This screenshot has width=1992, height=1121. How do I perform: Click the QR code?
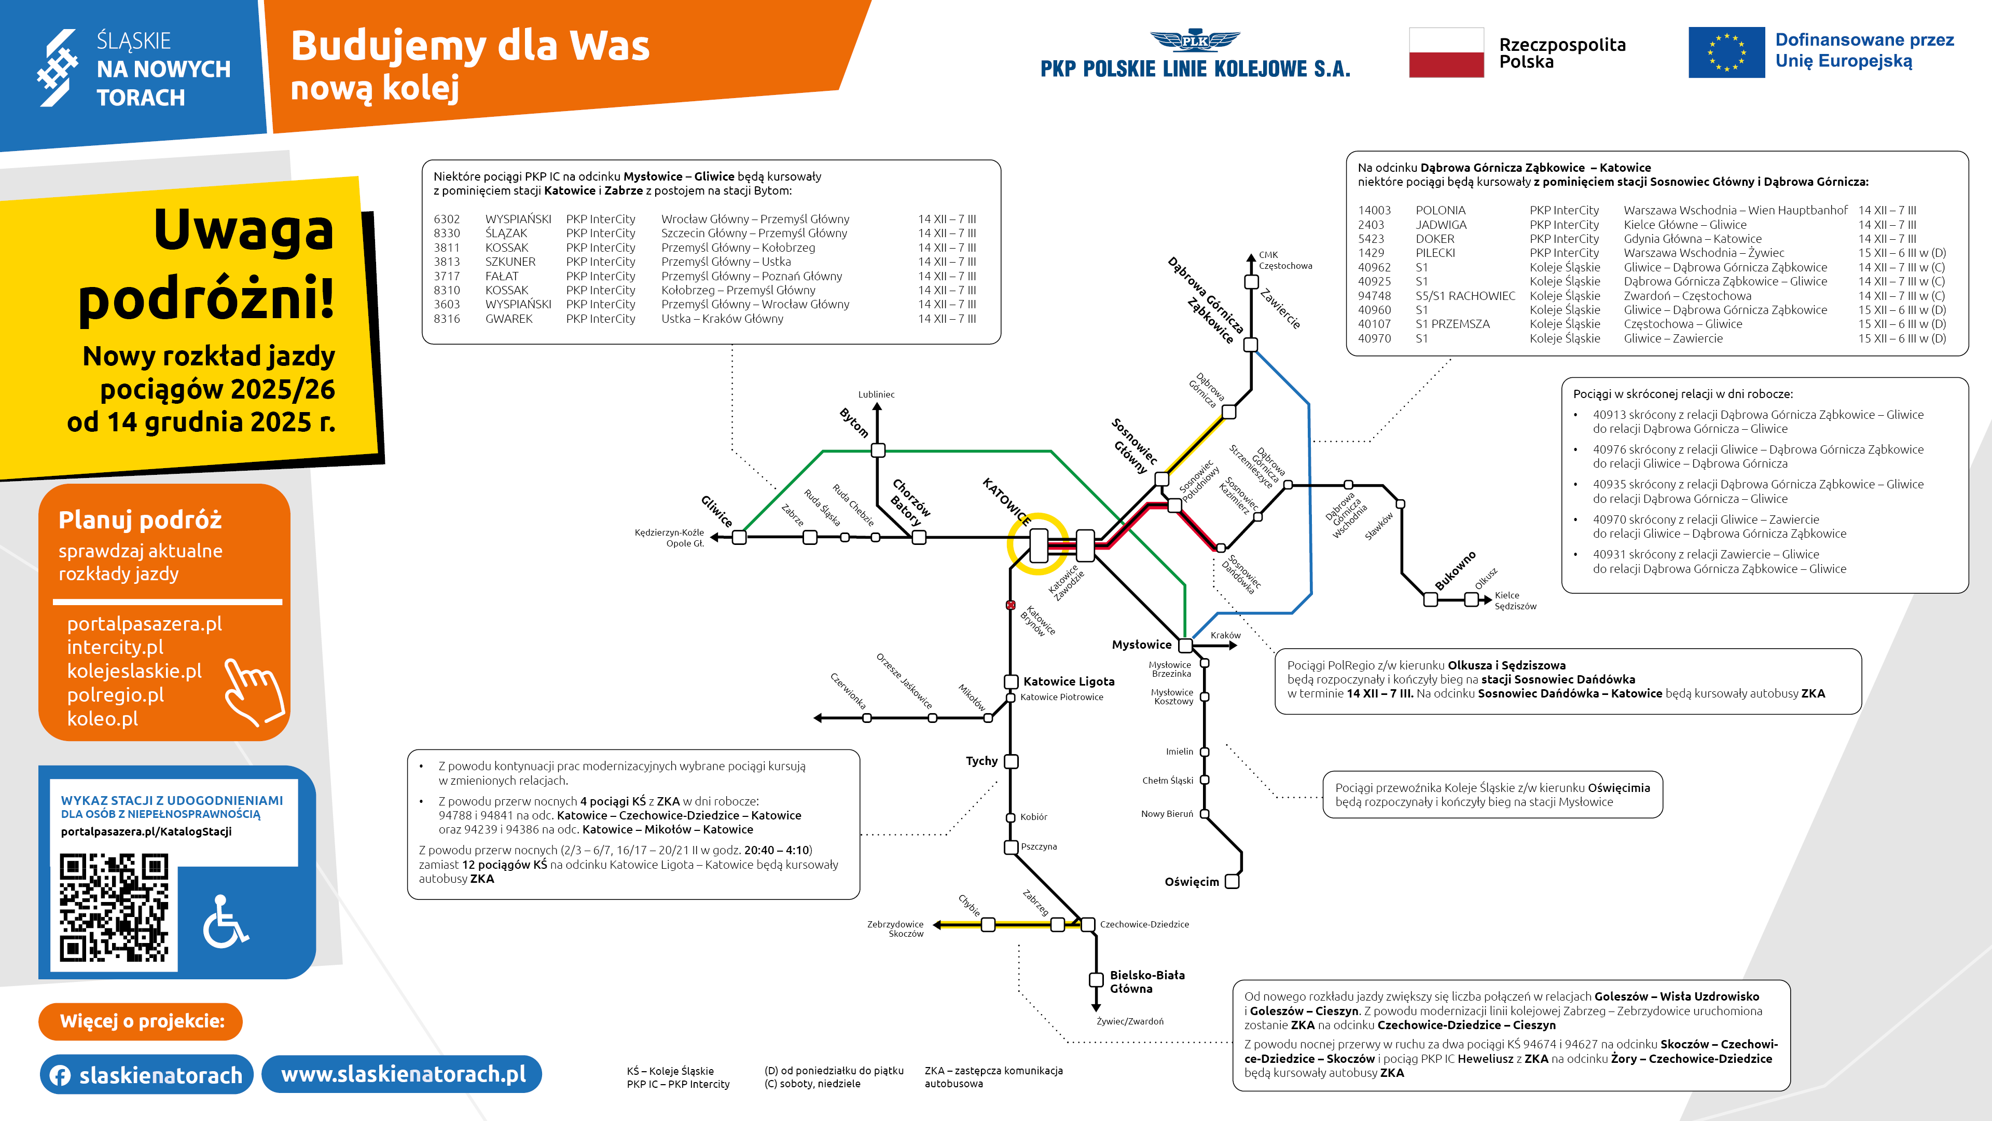[x=114, y=907]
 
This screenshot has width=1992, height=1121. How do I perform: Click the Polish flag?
[x=1446, y=52]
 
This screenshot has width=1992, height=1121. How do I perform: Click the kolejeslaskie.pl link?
[x=134, y=671]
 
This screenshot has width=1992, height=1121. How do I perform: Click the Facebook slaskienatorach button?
[x=147, y=1075]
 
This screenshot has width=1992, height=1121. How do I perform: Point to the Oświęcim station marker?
[x=1233, y=881]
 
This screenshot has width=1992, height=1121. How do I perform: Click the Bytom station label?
[x=854, y=422]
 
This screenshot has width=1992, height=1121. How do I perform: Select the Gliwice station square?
[x=739, y=537]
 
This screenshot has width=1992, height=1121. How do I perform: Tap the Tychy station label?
[x=981, y=761]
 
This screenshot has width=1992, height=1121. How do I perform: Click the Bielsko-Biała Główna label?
[x=1147, y=982]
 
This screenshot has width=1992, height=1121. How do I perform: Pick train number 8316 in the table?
[x=447, y=319]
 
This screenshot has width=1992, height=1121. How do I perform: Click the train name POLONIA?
[x=1441, y=210]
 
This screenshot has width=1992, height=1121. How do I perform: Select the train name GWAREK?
[x=509, y=319]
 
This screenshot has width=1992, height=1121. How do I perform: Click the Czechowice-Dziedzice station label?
[x=1144, y=924]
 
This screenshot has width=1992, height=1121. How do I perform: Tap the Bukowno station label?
[x=1455, y=571]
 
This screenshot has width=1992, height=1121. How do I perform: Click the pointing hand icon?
[x=252, y=691]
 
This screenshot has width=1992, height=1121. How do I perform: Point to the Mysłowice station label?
[x=1141, y=645]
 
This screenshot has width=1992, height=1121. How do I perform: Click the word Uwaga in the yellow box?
[x=244, y=230]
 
